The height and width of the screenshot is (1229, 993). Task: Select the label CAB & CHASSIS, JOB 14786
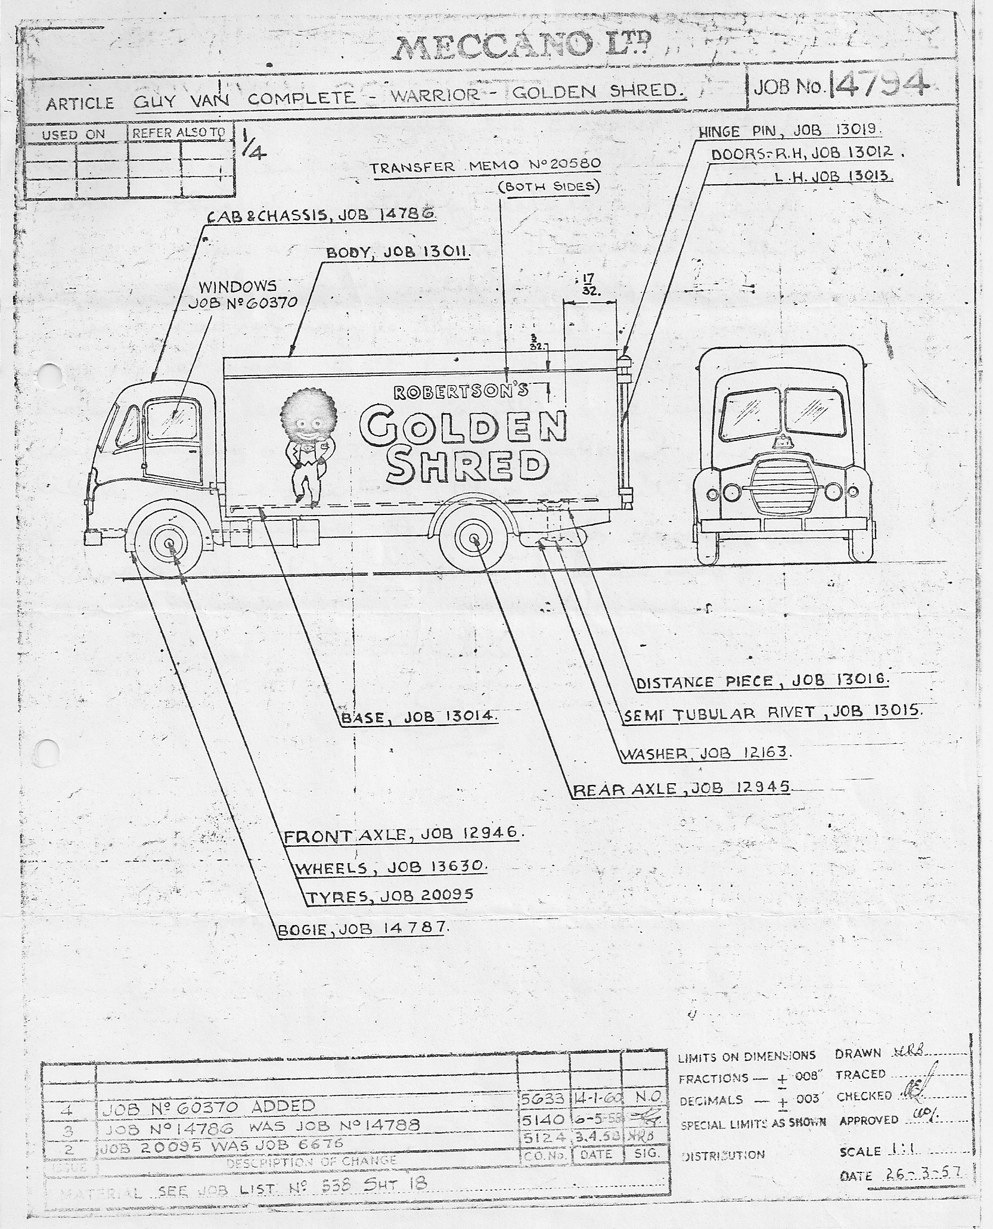point(321,215)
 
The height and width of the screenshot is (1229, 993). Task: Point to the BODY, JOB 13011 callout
point(398,252)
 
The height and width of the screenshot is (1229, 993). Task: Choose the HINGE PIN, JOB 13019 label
point(790,131)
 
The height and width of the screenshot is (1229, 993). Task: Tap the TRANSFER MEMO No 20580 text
point(485,166)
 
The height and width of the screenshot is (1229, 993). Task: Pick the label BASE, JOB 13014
point(418,717)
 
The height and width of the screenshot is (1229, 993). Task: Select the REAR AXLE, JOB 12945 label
point(681,789)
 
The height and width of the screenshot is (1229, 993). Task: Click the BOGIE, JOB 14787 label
point(362,928)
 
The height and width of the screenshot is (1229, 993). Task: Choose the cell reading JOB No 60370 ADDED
point(209,1106)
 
